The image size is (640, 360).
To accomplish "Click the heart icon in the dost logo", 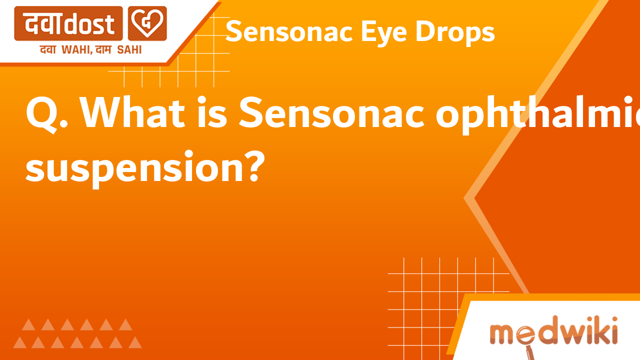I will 147,23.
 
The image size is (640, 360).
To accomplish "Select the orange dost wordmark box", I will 68,23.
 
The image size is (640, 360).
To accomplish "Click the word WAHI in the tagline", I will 79,50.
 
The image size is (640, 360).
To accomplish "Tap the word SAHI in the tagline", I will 129,50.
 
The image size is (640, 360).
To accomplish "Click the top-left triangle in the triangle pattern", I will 28,324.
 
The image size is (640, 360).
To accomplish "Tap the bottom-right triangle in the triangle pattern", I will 134,342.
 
